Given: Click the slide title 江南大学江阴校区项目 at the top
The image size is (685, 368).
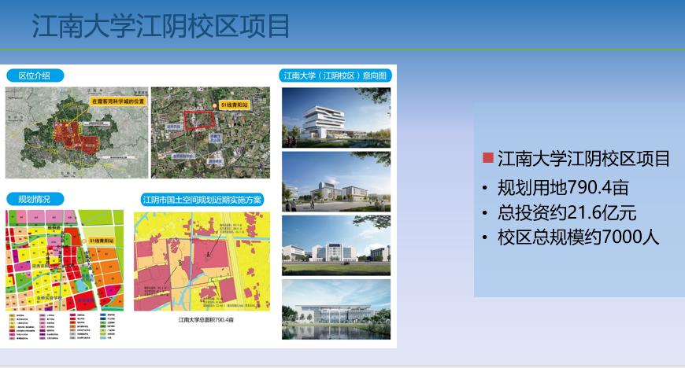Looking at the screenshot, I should click(161, 25).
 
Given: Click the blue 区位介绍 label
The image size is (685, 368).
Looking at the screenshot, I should click(35, 75).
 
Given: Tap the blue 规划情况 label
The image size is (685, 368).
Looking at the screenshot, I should click(35, 199).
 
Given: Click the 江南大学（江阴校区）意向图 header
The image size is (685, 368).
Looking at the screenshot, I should click(334, 75).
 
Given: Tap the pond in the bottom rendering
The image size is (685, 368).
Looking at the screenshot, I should click(335, 330).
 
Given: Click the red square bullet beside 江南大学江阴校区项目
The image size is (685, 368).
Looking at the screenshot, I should click(488, 158).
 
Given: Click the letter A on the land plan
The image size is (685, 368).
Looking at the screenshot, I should click(208, 256).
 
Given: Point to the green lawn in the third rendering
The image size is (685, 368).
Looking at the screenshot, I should click(335, 267).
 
